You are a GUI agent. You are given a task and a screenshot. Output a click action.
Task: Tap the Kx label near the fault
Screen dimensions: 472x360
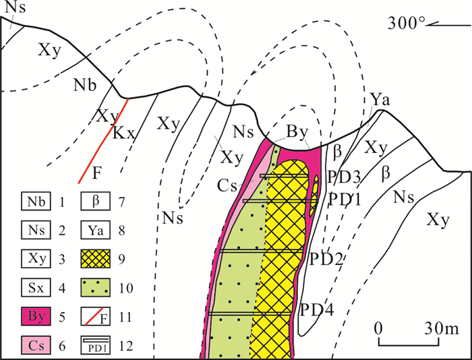124,133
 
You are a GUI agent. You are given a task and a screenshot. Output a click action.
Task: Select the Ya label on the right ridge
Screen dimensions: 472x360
378,102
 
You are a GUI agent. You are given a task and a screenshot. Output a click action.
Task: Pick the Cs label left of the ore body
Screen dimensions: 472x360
228,183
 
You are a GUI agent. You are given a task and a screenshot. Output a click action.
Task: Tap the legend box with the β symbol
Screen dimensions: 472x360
97,201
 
